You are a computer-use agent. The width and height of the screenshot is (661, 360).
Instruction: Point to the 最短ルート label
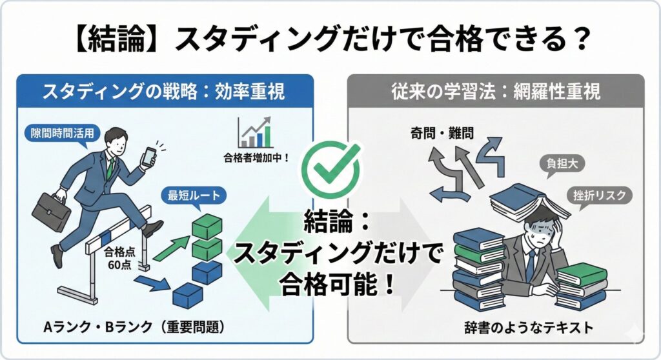[x=194, y=194]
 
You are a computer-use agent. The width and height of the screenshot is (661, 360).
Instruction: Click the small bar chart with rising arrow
[x=256, y=132]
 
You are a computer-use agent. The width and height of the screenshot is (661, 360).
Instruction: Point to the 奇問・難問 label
[x=442, y=134]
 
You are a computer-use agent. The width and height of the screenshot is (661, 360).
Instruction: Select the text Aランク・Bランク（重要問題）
[x=134, y=327]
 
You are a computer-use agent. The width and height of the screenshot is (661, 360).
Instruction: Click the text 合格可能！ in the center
[x=330, y=285]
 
